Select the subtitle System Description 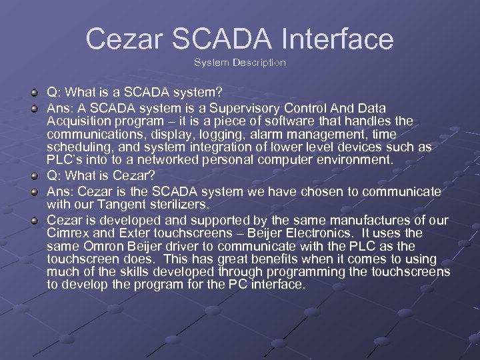pyautogui.click(x=240, y=63)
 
